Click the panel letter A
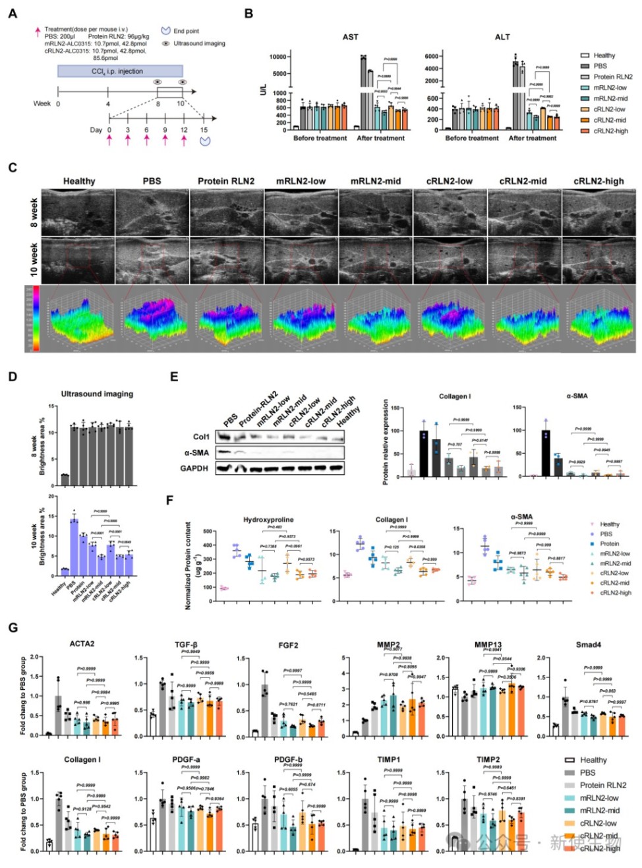13,13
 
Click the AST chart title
350,37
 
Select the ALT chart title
502,37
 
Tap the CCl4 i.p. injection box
120,71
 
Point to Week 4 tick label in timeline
108,104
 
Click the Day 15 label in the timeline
204,130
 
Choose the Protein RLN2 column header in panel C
226,181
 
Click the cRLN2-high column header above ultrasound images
598,181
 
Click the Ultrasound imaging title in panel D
97,394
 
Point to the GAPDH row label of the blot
194,468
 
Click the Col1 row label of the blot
202,437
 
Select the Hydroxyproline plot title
268,520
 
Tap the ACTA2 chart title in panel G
82,644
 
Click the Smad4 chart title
588,644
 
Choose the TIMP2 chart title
488,760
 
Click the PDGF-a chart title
186,760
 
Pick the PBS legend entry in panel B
600,66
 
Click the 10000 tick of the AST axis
277,57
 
